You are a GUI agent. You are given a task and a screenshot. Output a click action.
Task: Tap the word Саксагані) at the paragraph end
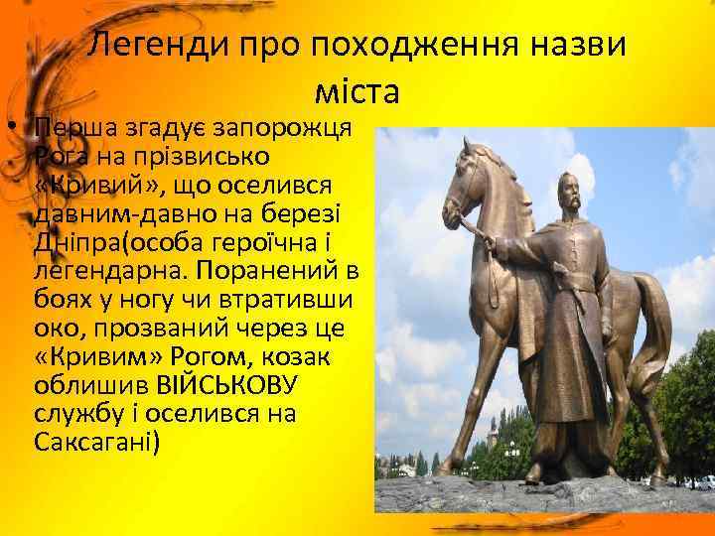tap(96, 442)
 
